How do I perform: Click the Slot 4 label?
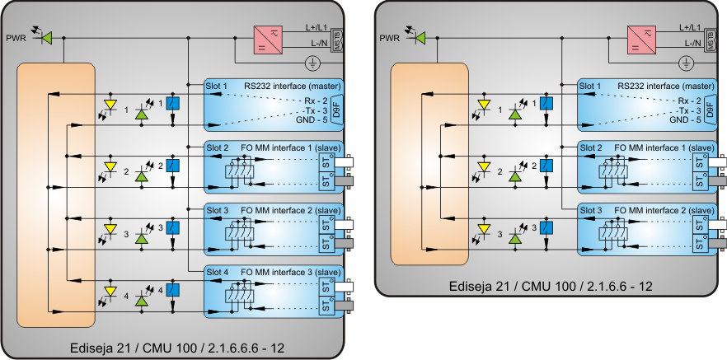point(218,272)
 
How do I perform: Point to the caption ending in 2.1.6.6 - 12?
point(551,286)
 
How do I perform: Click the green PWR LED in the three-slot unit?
point(420,38)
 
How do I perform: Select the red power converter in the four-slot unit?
point(270,39)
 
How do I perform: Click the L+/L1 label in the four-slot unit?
point(317,27)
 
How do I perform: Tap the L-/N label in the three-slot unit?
point(692,43)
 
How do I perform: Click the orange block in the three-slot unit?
point(429,165)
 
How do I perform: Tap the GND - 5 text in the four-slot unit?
point(312,119)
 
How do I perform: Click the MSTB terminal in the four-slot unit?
point(335,38)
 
